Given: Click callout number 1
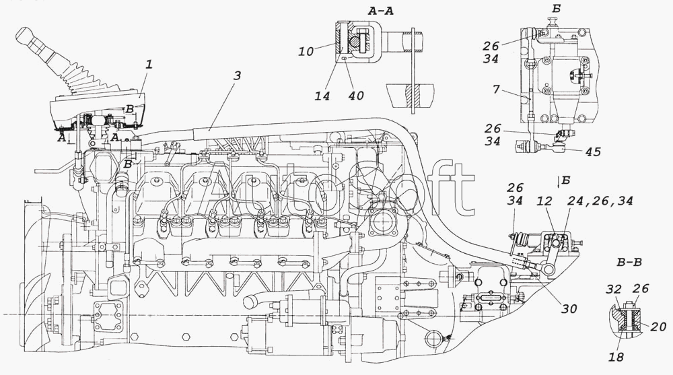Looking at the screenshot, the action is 149,65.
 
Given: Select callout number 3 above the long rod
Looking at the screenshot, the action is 237,75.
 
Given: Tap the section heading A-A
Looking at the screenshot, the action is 380,11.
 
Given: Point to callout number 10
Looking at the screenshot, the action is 306,52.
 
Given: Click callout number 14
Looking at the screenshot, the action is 322,96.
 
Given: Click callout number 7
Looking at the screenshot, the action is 497,90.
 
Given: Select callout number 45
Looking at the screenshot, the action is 592,151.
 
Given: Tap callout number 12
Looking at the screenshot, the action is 544,201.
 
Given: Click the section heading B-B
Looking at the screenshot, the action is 629,262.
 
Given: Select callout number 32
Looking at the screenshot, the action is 614,289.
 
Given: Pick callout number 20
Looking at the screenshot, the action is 658,327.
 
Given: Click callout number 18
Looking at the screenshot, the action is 616,357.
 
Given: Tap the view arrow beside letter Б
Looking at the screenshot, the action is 558,182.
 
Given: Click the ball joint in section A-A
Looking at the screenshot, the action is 357,42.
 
